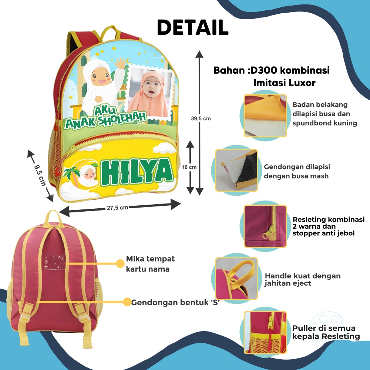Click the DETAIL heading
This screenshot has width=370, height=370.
tap(193, 27)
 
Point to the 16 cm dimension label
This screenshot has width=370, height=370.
tap(190, 167)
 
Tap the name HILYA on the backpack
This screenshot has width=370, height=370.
tap(137, 172)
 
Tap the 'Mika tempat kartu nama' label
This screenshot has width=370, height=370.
tap(150, 263)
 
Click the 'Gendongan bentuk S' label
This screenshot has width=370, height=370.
tap(174, 302)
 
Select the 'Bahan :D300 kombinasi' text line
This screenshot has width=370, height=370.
tap(272, 70)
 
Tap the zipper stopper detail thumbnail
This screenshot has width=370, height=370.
tap(265, 226)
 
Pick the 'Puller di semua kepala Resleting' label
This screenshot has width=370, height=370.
tap(326, 332)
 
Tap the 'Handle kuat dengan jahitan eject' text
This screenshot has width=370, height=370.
tap(303, 279)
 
